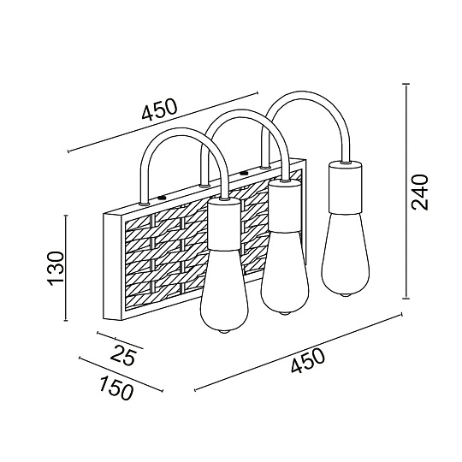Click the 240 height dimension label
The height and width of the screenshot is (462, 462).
coord(419,192)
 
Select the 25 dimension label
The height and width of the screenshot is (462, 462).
coord(123,354)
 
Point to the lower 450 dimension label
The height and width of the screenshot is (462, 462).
coord(308,361)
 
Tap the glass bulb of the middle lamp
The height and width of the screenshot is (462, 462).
coord(285,272)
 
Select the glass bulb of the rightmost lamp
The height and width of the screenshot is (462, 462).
coord(346,254)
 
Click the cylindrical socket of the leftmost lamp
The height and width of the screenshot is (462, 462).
coord(224,223)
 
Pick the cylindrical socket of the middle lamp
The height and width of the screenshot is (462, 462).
coord(285,205)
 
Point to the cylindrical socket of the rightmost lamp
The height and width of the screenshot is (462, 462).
coord(346,187)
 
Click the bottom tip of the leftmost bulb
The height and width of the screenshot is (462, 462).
coord(224,332)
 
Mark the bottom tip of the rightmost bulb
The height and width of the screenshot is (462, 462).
coord(346,294)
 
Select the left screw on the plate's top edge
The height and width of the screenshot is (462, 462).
coord(162,198)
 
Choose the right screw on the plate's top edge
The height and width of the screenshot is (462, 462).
coord(244,173)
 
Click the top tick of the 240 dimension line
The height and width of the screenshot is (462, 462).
coord(406,84)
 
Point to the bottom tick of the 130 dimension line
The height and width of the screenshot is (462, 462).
coord(66,320)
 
